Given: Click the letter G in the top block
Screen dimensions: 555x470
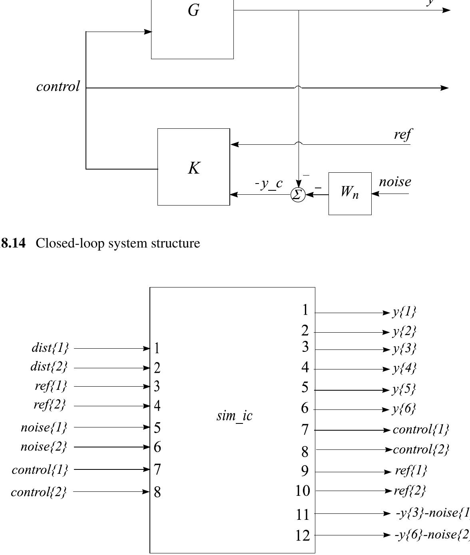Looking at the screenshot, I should click(x=193, y=10).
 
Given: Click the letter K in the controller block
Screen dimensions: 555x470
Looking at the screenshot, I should click(x=194, y=168).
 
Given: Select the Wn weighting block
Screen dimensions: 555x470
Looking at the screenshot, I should click(x=350, y=194).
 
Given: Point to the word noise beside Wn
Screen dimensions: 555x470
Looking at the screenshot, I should click(x=395, y=182).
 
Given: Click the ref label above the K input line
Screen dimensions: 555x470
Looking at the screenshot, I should click(x=402, y=135).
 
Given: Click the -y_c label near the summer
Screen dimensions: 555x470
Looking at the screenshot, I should click(x=269, y=184).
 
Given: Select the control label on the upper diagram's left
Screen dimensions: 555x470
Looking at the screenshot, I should click(x=58, y=86).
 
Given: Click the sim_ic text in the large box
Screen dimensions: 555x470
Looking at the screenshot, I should click(x=235, y=416).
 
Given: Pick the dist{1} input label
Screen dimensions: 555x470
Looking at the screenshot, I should click(x=50, y=348).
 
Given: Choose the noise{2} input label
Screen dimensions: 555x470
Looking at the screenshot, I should click(x=44, y=446).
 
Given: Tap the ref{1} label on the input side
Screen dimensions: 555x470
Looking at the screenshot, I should click(x=51, y=386).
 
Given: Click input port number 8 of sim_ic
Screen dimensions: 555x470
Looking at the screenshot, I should click(x=157, y=492).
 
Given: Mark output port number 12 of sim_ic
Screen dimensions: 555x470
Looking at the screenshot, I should click(x=303, y=535).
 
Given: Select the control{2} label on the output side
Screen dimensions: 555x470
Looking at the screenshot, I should click(x=421, y=450).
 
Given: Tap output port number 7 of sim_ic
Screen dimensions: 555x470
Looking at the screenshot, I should click(x=305, y=430).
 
